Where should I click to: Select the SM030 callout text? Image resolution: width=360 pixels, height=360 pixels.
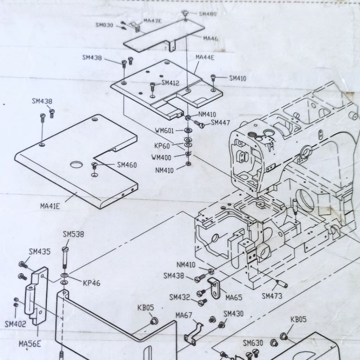[104, 25]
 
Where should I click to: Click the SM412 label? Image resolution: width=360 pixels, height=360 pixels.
[170, 83]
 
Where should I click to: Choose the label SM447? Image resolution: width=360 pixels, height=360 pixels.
[220, 122]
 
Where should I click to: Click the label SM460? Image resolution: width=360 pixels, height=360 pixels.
[127, 165]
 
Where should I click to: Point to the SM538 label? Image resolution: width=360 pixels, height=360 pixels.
[73, 234]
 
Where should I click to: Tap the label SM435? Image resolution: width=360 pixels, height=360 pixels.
[40, 252]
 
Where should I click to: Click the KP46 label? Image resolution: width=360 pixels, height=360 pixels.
[91, 283]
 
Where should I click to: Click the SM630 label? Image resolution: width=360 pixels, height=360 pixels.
[253, 343]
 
